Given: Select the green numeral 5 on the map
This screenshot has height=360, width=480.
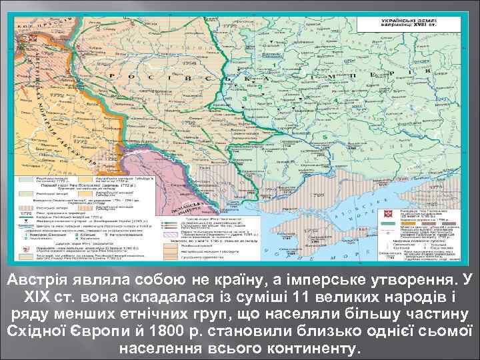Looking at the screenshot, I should point(325,137).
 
